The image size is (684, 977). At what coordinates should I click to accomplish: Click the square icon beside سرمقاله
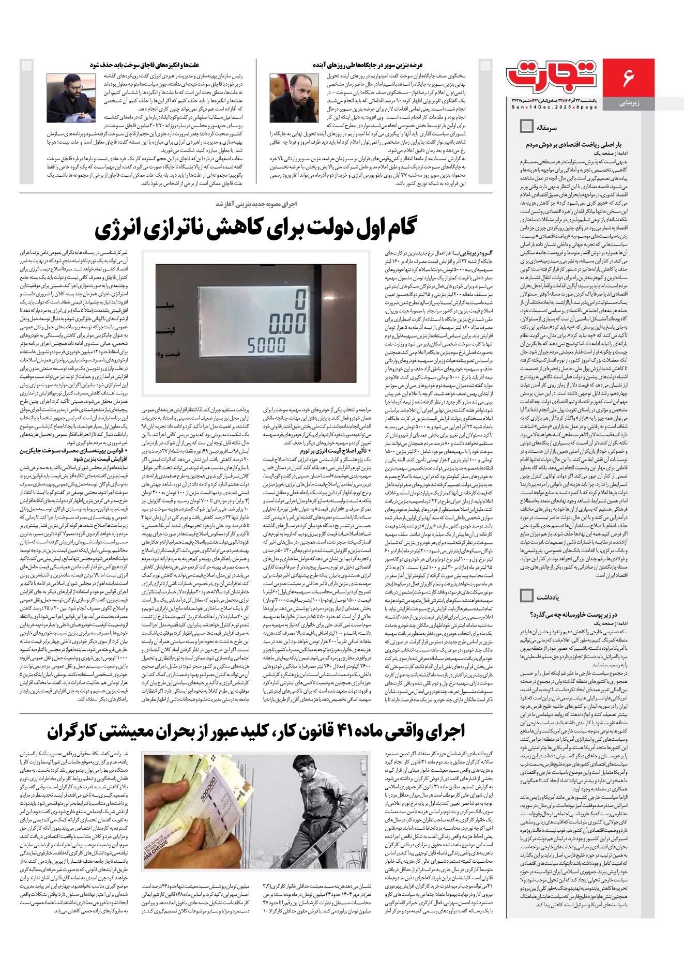[x=526, y=126]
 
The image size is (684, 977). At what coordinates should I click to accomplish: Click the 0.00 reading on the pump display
[x=286, y=325]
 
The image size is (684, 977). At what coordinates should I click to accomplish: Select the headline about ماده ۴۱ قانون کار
[x=256, y=730]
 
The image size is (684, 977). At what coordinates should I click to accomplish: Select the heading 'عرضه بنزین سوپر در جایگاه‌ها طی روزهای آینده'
[x=368, y=65]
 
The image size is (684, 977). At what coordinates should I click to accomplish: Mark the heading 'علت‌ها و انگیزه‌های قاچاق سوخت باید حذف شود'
[x=145, y=65]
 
